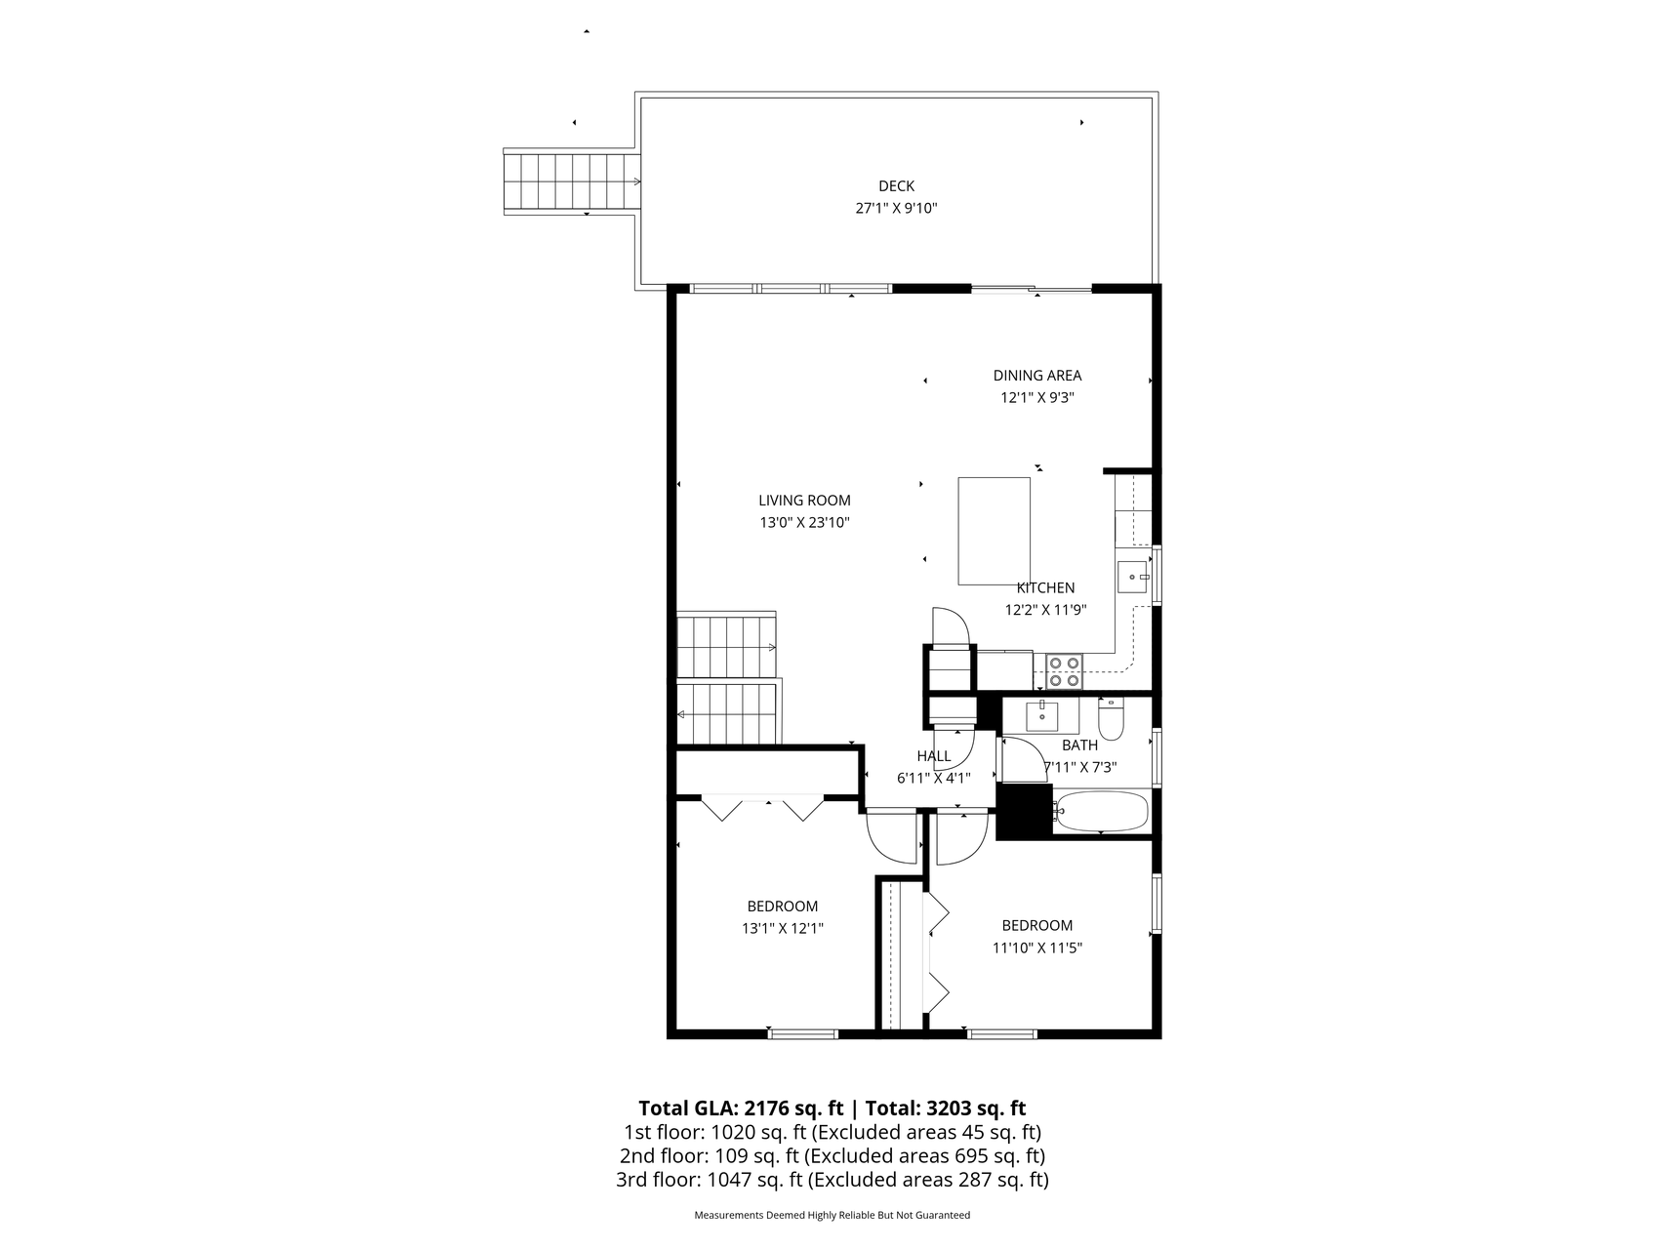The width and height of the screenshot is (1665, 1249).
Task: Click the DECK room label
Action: (x=896, y=186)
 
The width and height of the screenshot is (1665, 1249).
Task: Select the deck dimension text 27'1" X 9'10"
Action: (x=896, y=208)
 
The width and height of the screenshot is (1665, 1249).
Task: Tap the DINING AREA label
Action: (x=1036, y=376)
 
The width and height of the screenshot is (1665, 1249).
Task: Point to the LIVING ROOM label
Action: (x=804, y=501)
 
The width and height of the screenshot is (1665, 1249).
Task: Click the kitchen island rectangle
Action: (x=994, y=531)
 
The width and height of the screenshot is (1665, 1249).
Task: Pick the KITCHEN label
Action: (x=1045, y=588)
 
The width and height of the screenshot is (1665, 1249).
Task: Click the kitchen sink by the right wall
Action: (x=1134, y=578)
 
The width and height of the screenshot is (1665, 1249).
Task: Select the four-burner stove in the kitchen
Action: (x=1064, y=671)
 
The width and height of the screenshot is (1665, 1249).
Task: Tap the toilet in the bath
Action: (x=1111, y=718)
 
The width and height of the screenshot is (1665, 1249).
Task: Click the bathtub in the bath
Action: (x=1103, y=812)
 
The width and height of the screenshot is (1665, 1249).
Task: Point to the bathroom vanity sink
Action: (x=1042, y=715)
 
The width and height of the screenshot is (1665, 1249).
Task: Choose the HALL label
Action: (x=933, y=756)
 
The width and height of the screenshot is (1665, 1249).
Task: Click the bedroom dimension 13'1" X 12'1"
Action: (x=782, y=929)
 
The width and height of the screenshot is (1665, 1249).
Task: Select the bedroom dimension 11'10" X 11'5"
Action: (x=1036, y=947)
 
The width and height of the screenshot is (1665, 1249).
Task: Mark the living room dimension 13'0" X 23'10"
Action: (x=804, y=523)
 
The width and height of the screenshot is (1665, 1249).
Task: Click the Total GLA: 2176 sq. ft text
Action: (x=741, y=1108)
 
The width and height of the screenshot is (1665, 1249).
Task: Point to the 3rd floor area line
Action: (x=832, y=1180)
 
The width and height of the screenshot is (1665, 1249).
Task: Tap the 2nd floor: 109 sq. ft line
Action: (x=832, y=1156)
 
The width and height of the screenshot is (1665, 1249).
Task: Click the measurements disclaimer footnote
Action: (x=832, y=1216)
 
